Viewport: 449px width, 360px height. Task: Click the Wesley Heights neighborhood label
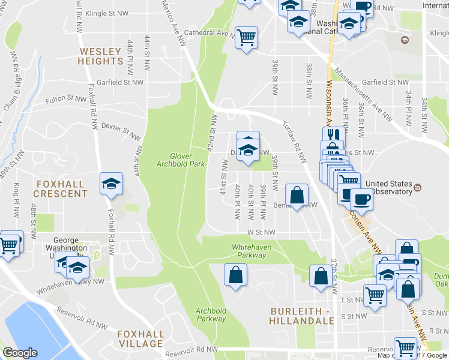click(x=100, y=56)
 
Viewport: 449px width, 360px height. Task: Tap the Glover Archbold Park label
click(x=180, y=159)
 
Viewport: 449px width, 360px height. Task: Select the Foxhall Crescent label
click(x=60, y=188)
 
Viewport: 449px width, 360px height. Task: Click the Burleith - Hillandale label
click(x=301, y=316)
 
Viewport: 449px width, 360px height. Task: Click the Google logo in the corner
click(x=20, y=353)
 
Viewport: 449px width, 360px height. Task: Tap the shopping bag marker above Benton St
click(x=297, y=194)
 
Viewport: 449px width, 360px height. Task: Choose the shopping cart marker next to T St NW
click(x=375, y=295)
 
